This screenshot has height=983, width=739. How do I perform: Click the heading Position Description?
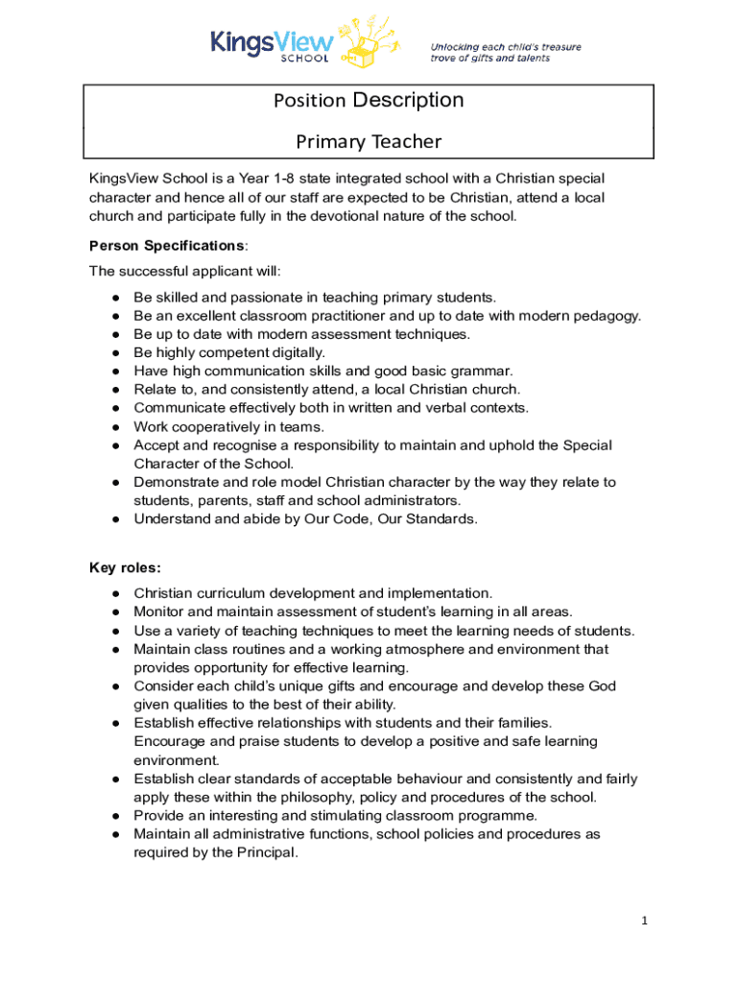[x=369, y=101]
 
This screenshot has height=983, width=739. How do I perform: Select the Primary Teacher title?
[x=369, y=142]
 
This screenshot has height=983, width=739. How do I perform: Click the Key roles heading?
[x=124, y=567]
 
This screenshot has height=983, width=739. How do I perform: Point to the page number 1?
[x=646, y=922]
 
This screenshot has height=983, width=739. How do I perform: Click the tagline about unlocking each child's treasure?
[x=505, y=53]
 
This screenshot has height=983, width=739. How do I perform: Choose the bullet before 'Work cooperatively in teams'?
[x=115, y=427]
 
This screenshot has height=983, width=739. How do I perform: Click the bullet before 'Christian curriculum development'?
[x=115, y=594]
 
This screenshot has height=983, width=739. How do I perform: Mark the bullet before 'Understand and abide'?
[x=115, y=519]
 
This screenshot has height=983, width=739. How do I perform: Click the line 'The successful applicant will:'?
[x=185, y=271]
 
